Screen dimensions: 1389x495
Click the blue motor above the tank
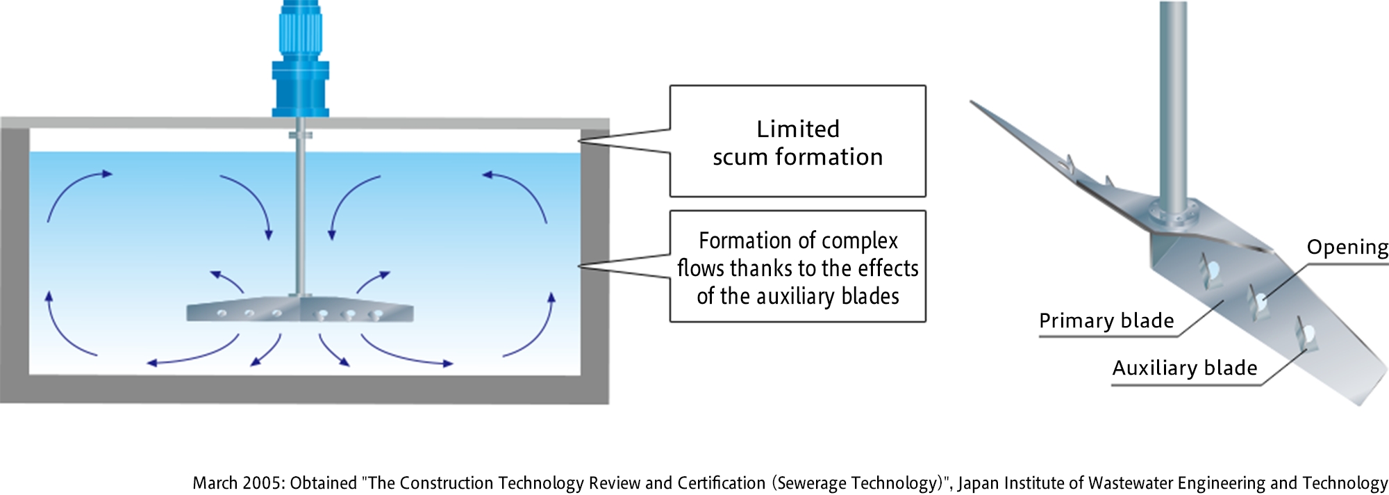click(300, 59)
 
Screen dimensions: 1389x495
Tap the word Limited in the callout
click(798, 129)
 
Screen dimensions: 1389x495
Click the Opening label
click(1347, 248)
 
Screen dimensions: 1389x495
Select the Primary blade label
click(1106, 320)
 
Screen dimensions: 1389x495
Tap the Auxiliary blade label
click(1185, 368)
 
